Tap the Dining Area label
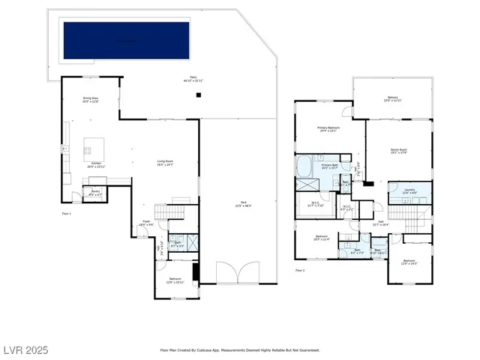[91, 100]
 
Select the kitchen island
[95, 145]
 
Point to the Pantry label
[96, 193]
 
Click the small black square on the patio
[198, 95]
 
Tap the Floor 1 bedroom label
[175, 281]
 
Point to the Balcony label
[392, 97]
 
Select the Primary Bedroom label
[328, 129]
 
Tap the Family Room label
[399, 151]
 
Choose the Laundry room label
[409, 191]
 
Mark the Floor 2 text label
[300, 270]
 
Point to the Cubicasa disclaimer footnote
[240, 350]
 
